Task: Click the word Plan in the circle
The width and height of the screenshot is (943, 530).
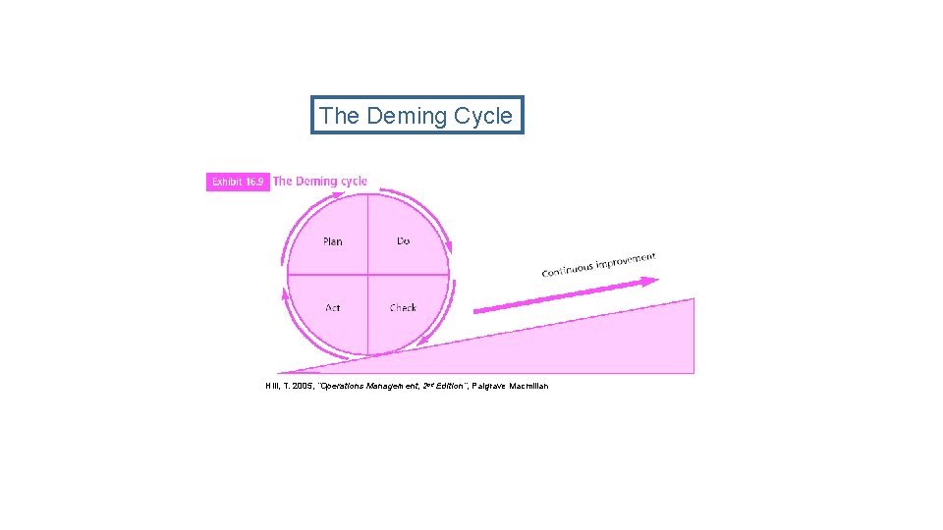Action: pyautogui.click(x=333, y=241)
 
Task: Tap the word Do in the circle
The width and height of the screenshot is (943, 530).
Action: pyautogui.click(x=403, y=240)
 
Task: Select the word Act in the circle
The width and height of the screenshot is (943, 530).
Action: pyautogui.click(x=333, y=308)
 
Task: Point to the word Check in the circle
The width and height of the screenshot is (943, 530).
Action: pyautogui.click(x=403, y=308)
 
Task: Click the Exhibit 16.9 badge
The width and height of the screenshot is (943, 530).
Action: pyautogui.click(x=238, y=182)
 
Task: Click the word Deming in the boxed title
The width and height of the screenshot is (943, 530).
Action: pyautogui.click(x=406, y=116)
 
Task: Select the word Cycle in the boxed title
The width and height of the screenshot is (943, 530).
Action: pyautogui.click(x=482, y=116)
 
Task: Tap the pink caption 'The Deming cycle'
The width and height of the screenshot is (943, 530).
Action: pyautogui.click(x=320, y=182)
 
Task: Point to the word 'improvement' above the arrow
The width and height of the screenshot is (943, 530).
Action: pyautogui.click(x=625, y=261)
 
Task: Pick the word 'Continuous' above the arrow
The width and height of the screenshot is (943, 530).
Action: pyautogui.click(x=567, y=269)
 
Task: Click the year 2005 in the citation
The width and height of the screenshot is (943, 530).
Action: pyautogui.click(x=301, y=386)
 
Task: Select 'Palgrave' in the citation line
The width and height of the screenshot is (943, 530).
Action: pyautogui.click(x=489, y=386)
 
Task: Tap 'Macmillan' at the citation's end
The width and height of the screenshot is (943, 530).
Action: pyautogui.click(x=529, y=386)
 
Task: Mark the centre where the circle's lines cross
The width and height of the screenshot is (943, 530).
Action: pyautogui.click(x=367, y=275)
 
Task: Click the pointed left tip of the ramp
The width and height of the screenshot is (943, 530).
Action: pyautogui.click(x=279, y=373)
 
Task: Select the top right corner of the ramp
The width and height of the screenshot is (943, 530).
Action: pyautogui.click(x=693, y=298)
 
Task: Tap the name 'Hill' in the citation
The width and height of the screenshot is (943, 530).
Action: pyautogui.click(x=272, y=386)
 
